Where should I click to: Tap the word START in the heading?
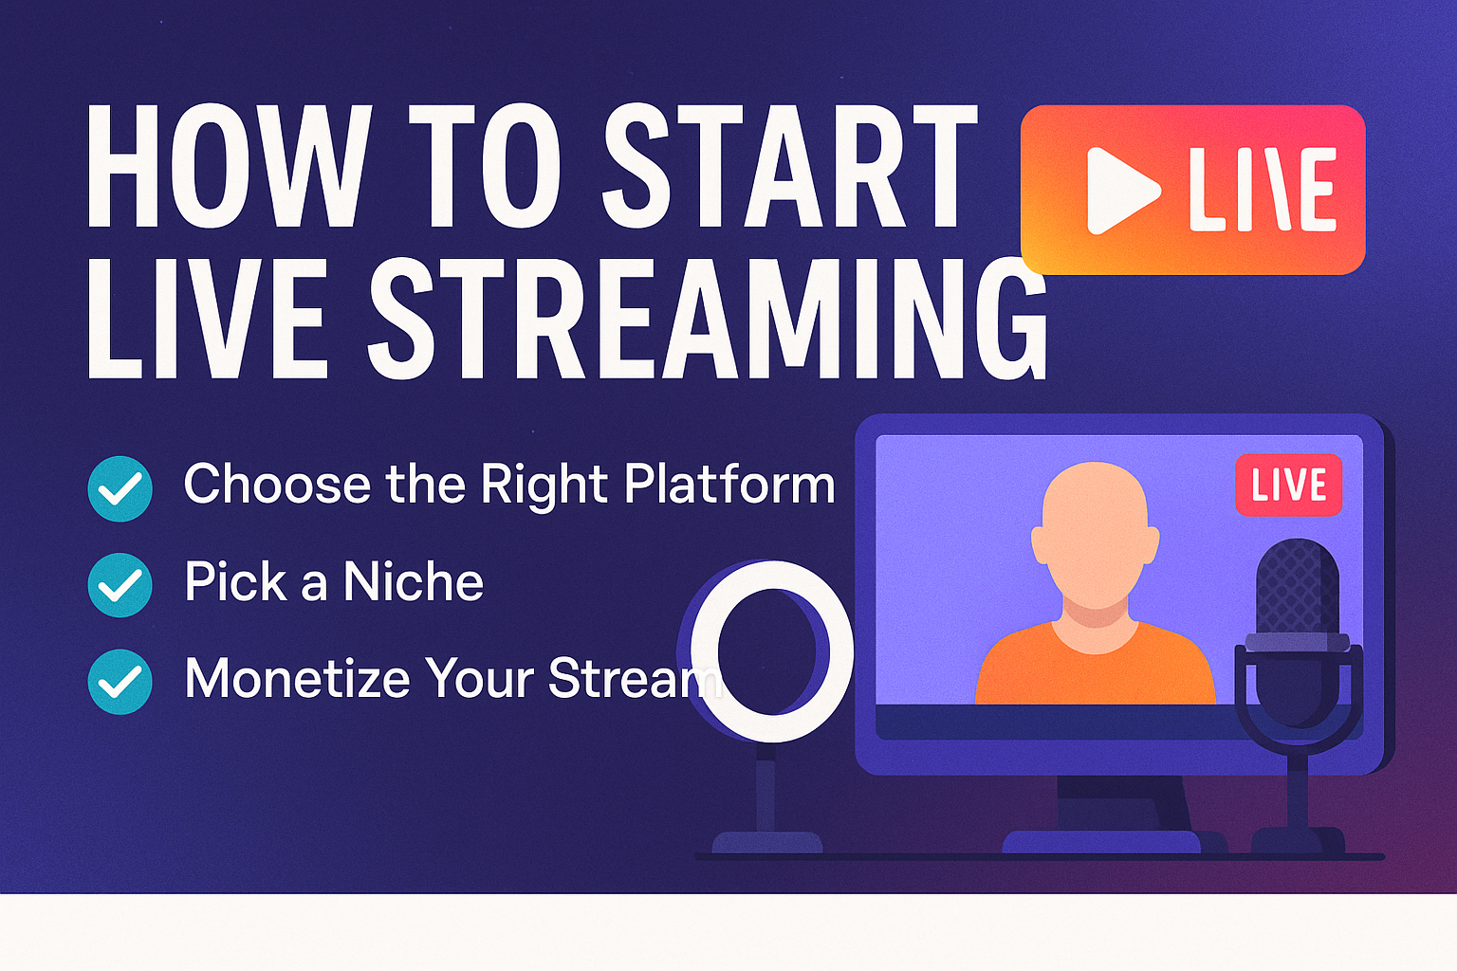point(790,166)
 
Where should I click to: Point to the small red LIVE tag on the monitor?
point(1288,485)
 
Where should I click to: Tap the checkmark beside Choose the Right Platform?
point(120,488)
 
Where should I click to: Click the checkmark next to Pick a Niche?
point(120,585)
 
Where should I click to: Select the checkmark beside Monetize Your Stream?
point(120,682)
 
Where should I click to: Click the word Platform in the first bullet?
point(729,485)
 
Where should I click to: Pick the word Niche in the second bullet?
point(414,581)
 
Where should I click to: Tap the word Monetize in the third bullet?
point(298,678)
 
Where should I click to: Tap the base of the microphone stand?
point(1298,839)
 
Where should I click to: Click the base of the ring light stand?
point(767,842)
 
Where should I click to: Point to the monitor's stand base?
point(1101,841)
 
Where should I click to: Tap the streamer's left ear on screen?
point(1040,545)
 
